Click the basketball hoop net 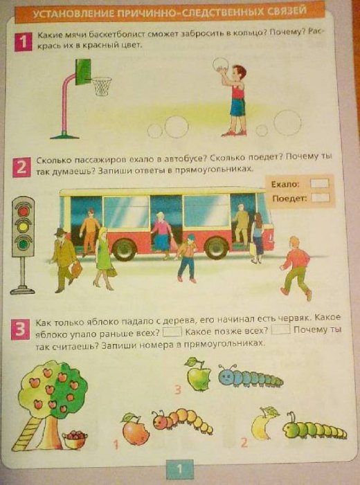pyautogui.click(x=102, y=86)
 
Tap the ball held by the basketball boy pyautogui.click(x=221, y=65)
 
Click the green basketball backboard pyautogui.click(x=83, y=72)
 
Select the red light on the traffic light pyautogui.click(x=24, y=211)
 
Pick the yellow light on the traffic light pyautogui.click(x=24, y=228)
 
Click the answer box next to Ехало pyautogui.click(x=319, y=184)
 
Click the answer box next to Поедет pyautogui.click(x=321, y=198)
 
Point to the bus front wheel pyautogui.click(x=217, y=248)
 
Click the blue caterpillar pyautogui.click(x=250, y=376)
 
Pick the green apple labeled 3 pyautogui.click(x=199, y=374)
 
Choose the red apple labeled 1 pyautogui.click(x=135, y=429)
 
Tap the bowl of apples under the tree pyautogui.click(x=75, y=439)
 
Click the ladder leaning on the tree pyautogui.click(x=27, y=434)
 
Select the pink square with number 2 pyautogui.click(x=21, y=167)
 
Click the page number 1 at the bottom pyautogui.click(x=179, y=470)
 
